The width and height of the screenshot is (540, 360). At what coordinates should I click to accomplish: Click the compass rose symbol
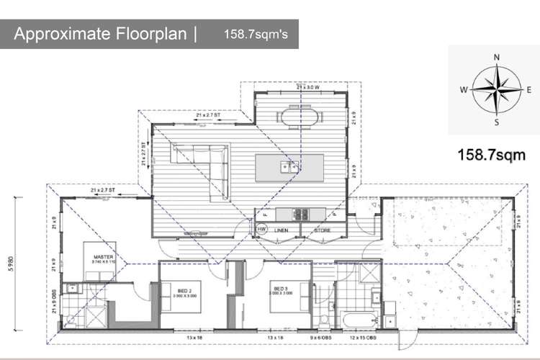click(x=496, y=89)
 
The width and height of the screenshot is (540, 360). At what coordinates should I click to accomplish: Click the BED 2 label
click(x=184, y=291)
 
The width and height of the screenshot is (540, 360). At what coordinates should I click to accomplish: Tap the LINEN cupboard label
click(x=282, y=230)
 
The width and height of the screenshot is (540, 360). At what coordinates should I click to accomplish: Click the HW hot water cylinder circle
click(x=262, y=230)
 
